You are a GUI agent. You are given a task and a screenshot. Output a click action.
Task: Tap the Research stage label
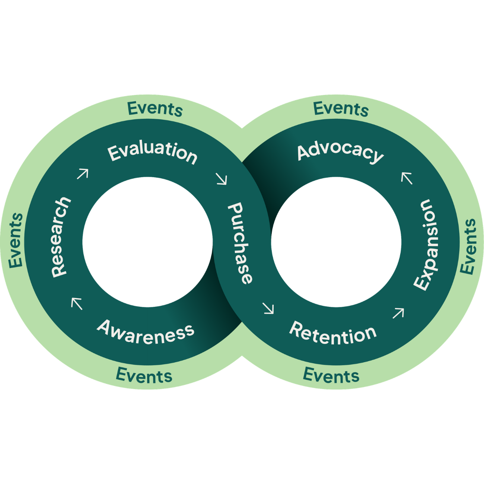pyautogui.click(x=60, y=237)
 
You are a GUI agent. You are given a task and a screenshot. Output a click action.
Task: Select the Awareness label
pyautogui.click(x=146, y=332)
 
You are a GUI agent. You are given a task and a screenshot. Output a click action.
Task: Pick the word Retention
pyautogui.click(x=333, y=334)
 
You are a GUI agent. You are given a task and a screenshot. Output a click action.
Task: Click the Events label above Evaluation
pyautogui.click(x=155, y=109)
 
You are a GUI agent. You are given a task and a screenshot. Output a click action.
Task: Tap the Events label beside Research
pyautogui.click(x=16, y=240)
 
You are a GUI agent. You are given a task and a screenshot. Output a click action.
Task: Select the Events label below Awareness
pyautogui.click(x=144, y=375)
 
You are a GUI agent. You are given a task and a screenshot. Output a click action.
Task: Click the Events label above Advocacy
pyautogui.click(x=341, y=109)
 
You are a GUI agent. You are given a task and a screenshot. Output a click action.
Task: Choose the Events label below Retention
pyautogui.click(x=331, y=375)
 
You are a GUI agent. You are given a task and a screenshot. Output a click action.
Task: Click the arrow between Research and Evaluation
pyautogui.click(x=83, y=174)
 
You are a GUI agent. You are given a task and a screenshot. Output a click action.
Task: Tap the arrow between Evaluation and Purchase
pyautogui.click(x=222, y=179)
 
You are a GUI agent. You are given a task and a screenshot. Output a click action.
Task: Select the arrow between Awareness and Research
pyautogui.click(x=77, y=303)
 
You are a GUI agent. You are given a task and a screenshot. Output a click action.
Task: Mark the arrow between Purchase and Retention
pyautogui.click(x=268, y=308)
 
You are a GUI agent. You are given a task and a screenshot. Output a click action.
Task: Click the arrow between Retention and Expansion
pyautogui.click(x=398, y=313)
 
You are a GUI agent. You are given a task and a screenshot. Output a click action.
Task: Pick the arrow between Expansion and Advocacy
pyautogui.click(x=407, y=178)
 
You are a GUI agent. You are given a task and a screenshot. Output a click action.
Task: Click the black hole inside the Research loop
pyautogui.click(x=147, y=242)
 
